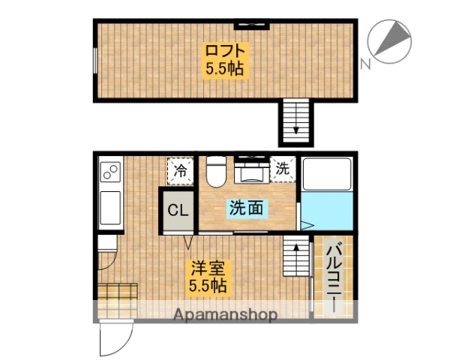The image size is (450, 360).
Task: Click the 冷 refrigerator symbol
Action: point(181,170)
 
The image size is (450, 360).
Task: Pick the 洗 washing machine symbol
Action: point(283,169)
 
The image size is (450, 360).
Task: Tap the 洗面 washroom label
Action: point(245,209)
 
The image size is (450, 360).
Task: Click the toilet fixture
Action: point(216,170)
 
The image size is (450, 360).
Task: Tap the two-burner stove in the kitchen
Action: point(110,172)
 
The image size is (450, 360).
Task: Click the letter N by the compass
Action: point(366,64)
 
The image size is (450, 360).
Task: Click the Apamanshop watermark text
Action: point(225,314)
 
